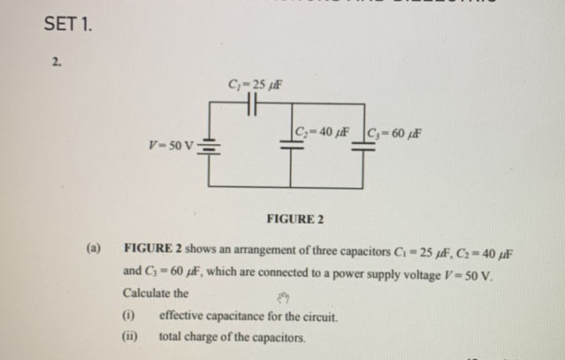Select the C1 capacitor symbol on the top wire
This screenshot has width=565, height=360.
[250, 104]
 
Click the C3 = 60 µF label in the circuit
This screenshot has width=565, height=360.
[394, 134]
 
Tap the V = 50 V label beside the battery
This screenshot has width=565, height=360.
[173, 144]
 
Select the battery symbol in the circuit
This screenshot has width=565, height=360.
[209, 147]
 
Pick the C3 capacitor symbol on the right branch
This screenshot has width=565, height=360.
[363, 148]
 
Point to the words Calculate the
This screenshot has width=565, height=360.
[156, 293]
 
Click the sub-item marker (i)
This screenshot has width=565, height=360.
[129, 316]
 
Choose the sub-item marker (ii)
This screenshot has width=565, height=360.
[130, 337]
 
